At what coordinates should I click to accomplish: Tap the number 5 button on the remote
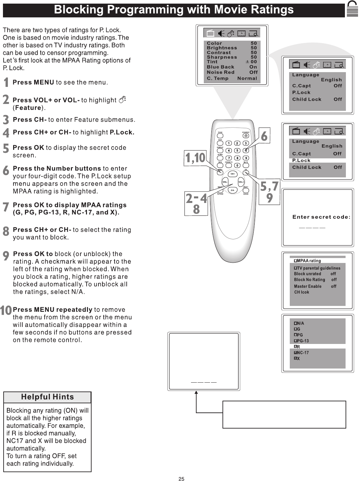click(237, 150)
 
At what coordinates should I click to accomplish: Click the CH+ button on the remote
click(233, 174)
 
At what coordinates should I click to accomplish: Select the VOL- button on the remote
click(225, 182)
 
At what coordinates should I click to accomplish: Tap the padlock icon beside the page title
click(352, 9)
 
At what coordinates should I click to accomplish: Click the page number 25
click(181, 479)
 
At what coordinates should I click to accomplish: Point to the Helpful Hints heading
click(47, 397)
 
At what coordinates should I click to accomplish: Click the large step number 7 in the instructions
click(6, 207)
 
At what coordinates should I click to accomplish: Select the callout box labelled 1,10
click(195, 158)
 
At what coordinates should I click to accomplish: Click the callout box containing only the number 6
click(264, 135)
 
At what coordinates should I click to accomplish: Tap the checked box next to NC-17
click(295, 353)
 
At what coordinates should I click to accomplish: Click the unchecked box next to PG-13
click(295, 341)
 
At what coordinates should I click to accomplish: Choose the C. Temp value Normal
click(247, 78)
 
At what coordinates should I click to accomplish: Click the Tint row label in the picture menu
click(212, 62)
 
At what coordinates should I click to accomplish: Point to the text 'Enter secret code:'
click(321, 217)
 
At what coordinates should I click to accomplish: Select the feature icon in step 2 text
click(122, 100)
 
